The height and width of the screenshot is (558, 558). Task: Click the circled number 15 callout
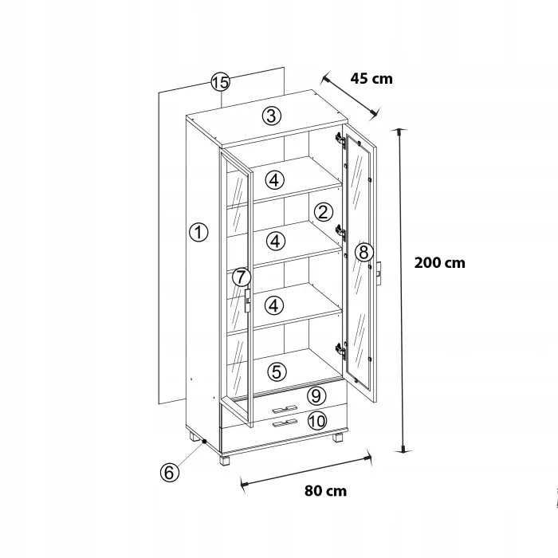(x=220, y=82)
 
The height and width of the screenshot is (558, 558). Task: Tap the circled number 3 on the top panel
(x=272, y=116)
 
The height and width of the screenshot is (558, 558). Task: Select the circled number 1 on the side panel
(x=198, y=232)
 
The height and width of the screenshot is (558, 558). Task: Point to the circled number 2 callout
(x=324, y=212)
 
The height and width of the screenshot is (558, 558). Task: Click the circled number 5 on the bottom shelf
(x=277, y=372)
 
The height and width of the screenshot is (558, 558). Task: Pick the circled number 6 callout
(x=169, y=473)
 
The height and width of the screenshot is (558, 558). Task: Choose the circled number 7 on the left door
(x=242, y=277)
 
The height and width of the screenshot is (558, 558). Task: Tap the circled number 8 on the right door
(x=363, y=253)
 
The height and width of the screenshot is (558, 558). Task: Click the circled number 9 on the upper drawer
(x=316, y=395)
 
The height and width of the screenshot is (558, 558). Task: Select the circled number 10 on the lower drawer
(x=317, y=421)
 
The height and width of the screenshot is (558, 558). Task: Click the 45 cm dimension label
(x=371, y=79)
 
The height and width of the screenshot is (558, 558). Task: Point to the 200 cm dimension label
(x=439, y=263)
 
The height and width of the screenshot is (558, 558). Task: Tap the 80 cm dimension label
(x=325, y=491)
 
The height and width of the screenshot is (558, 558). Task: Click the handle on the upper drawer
(x=285, y=408)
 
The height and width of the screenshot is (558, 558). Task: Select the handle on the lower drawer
(x=285, y=422)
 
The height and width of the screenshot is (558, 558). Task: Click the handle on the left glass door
(x=247, y=301)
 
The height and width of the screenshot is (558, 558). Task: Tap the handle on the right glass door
(x=379, y=273)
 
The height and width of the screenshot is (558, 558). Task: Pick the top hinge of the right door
(x=340, y=140)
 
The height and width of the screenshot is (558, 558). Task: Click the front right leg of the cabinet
(x=338, y=437)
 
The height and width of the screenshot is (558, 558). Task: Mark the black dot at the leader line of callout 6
(x=205, y=442)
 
